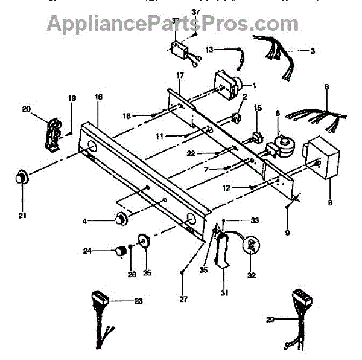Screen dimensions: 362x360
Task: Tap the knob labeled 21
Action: coord(23,178)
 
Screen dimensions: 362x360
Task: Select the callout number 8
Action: coord(330,203)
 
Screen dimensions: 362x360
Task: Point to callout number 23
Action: coord(139,300)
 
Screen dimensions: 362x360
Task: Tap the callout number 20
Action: coord(26,109)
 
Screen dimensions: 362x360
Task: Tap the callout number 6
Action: coord(326,86)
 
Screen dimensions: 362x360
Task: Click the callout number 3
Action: coord(313,51)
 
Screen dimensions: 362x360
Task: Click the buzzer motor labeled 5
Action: coord(280,145)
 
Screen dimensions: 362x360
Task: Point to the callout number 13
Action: coord(209,50)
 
